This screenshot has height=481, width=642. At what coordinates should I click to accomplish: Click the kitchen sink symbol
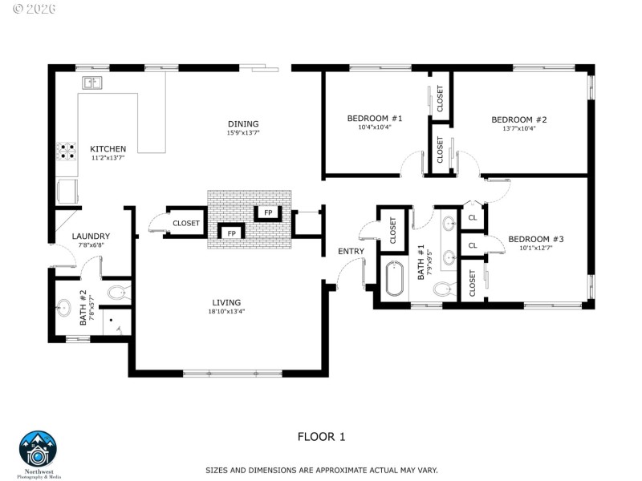91,83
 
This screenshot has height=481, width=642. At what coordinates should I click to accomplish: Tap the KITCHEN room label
108,149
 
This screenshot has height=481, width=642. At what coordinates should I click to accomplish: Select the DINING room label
243,123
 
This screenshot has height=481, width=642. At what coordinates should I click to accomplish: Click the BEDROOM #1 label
374,119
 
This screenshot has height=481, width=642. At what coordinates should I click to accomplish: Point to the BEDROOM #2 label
518,119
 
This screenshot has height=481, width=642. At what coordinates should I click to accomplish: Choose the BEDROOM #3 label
536,239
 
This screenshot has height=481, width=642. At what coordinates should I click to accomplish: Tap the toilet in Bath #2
118,292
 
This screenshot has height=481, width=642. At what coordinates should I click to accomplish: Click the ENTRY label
351,251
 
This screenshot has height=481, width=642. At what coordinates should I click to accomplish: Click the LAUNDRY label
91,236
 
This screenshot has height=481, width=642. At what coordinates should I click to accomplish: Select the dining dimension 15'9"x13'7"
243,132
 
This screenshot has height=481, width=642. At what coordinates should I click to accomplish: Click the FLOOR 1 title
321,437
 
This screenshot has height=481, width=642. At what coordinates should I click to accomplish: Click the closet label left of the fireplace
186,223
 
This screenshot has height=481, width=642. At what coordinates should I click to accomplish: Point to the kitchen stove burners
66,153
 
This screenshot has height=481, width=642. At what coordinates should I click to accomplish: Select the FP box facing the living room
231,233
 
